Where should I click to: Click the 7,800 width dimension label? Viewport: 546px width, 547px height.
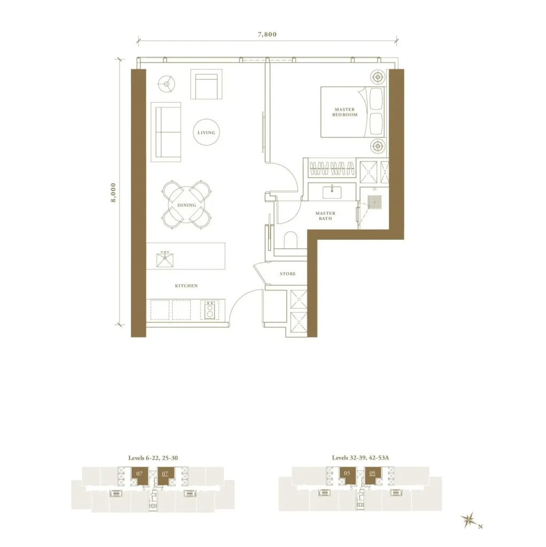pyautogui.click(x=267, y=34)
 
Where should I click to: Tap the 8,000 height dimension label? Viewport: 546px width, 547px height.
pyautogui.click(x=113, y=192)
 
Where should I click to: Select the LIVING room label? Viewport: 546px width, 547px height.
pyautogui.click(x=206, y=132)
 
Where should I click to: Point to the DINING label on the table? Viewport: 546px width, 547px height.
pyautogui.click(x=186, y=205)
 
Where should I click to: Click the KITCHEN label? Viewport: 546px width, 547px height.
pyautogui.click(x=186, y=286)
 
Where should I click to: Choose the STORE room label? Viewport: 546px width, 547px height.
pyautogui.click(x=288, y=274)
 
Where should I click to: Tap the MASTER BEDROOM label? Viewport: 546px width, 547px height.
pyautogui.click(x=345, y=112)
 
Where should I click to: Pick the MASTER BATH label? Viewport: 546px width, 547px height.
pyautogui.click(x=325, y=216)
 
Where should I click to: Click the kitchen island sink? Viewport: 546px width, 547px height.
pyautogui.click(x=165, y=259)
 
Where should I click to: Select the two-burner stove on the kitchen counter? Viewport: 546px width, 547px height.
pyautogui.click(x=209, y=310)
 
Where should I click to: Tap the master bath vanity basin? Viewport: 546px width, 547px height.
pyautogui.click(x=332, y=192)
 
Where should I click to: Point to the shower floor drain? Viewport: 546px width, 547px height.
pyautogui.click(x=375, y=202)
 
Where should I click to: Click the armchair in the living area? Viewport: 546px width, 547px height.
pyautogui.click(x=206, y=84)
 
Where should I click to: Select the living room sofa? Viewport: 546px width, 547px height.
pyautogui.click(x=166, y=132)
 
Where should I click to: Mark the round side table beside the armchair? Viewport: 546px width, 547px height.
pyautogui.click(x=166, y=84)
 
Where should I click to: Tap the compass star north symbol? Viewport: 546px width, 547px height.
pyautogui.click(x=468, y=521)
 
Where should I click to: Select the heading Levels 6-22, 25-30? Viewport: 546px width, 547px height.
pyautogui.click(x=153, y=458)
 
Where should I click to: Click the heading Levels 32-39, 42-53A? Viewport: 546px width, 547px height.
pyautogui.click(x=361, y=458)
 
